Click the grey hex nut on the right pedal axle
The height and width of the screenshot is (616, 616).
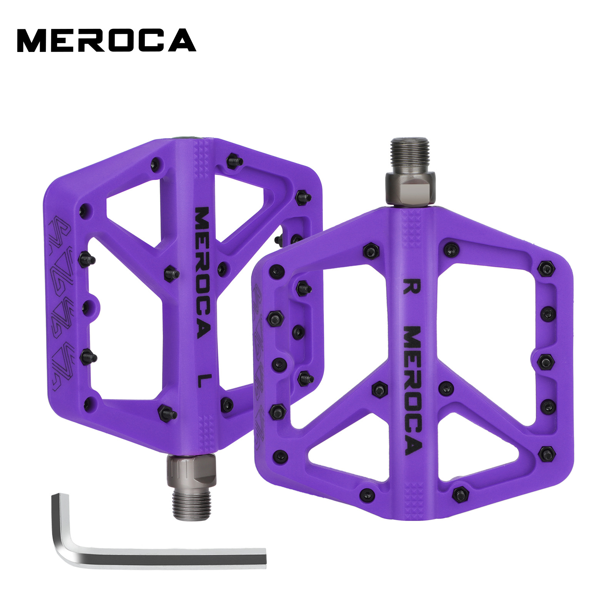click(x=410, y=187)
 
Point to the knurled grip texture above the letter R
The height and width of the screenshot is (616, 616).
click(x=412, y=231)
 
